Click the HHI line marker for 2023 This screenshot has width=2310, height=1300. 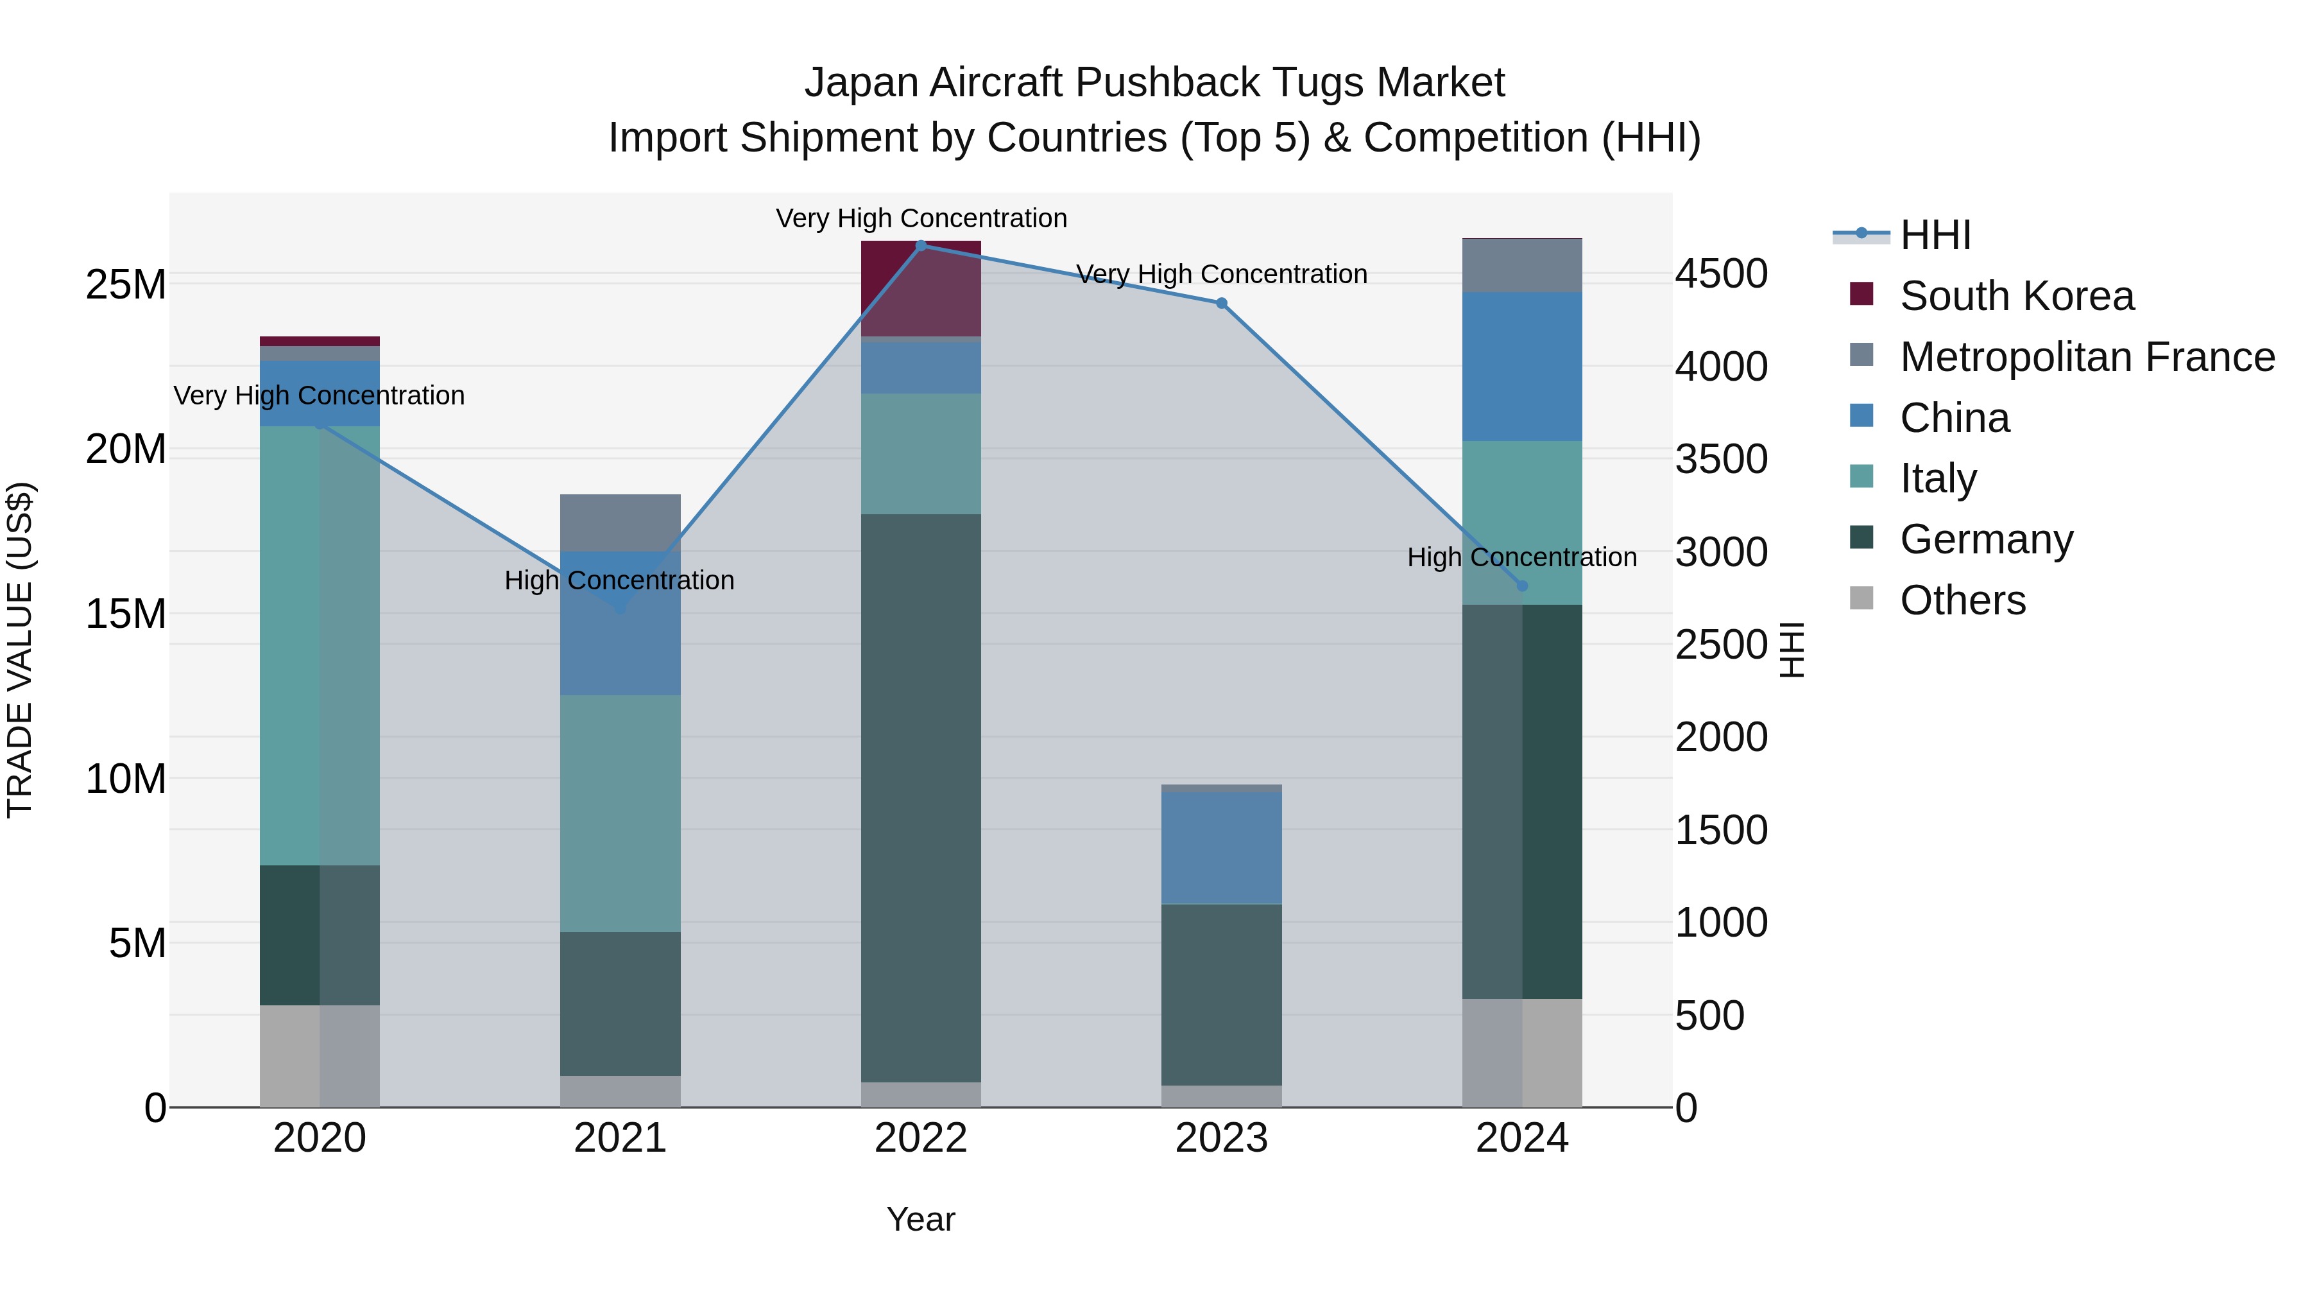click(1221, 303)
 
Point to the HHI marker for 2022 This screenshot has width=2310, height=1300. click(921, 245)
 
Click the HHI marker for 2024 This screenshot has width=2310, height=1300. click(1522, 586)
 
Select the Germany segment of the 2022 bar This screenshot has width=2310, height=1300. click(921, 799)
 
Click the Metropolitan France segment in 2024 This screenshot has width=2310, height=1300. click(1522, 266)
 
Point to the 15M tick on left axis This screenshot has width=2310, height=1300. click(126, 614)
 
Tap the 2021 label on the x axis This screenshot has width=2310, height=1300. click(620, 1138)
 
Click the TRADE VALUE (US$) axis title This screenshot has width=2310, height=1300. click(20, 650)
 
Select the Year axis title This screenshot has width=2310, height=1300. click(921, 1219)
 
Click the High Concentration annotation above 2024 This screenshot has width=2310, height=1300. click(1522, 557)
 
